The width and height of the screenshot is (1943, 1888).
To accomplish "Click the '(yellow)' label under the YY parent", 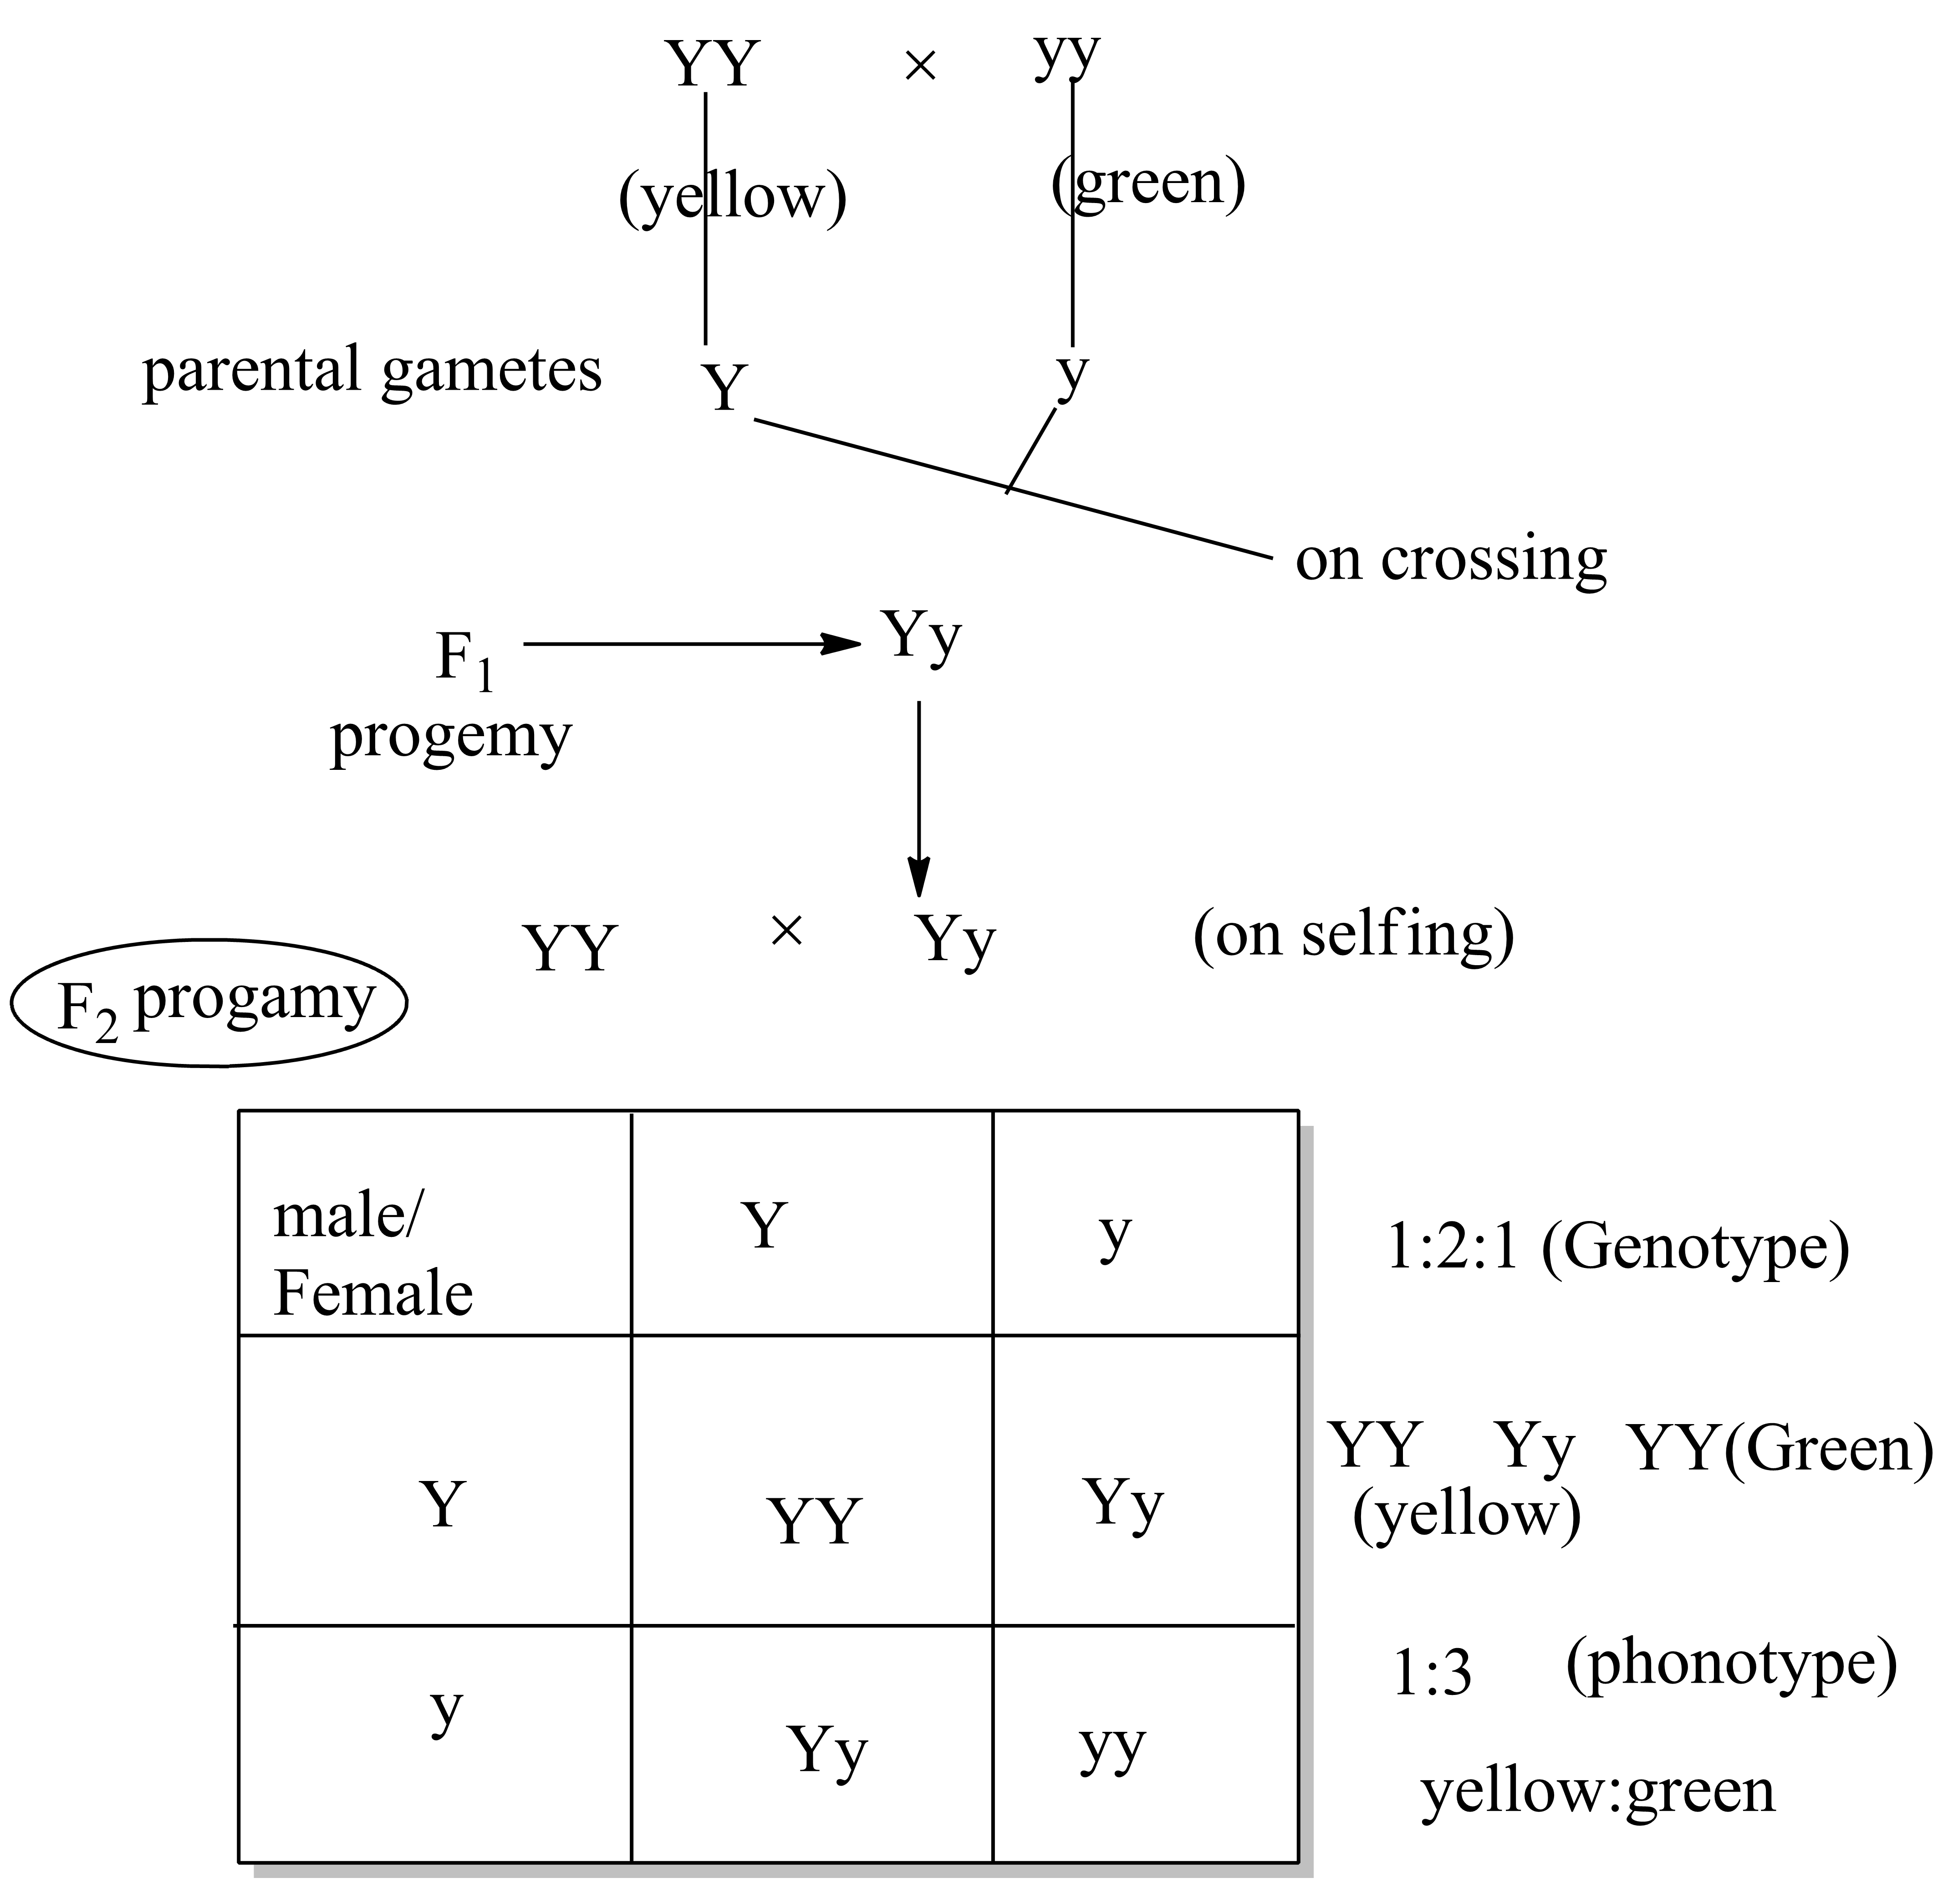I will (x=732, y=196).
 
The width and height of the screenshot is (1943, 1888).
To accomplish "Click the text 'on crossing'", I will (x=1450, y=559).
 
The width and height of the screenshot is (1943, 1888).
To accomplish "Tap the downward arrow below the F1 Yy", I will (x=919, y=798).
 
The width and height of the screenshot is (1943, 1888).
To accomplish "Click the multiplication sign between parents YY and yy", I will (x=920, y=66).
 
